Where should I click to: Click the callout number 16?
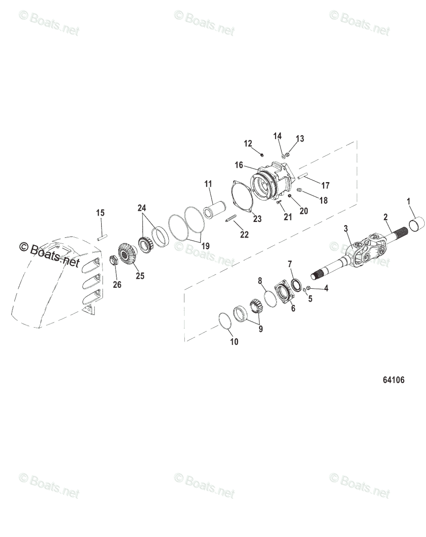pyautogui.click(x=239, y=165)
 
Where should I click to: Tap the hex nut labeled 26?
pyautogui.click(x=114, y=260)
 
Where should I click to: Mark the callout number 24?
pyautogui.click(x=142, y=208)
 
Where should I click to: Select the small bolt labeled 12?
pyautogui.click(x=260, y=154)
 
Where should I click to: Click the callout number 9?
pyautogui.click(x=260, y=329)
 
